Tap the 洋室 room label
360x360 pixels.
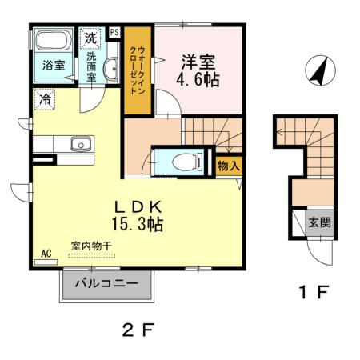[x=197, y=62]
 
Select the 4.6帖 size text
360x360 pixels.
[x=197, y=81]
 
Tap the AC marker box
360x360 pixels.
[x=46, y=254]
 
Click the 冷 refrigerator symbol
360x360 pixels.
[x=44, y=99]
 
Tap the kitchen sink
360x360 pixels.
[x=80, y=145]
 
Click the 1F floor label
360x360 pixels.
[x=312, y=292]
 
